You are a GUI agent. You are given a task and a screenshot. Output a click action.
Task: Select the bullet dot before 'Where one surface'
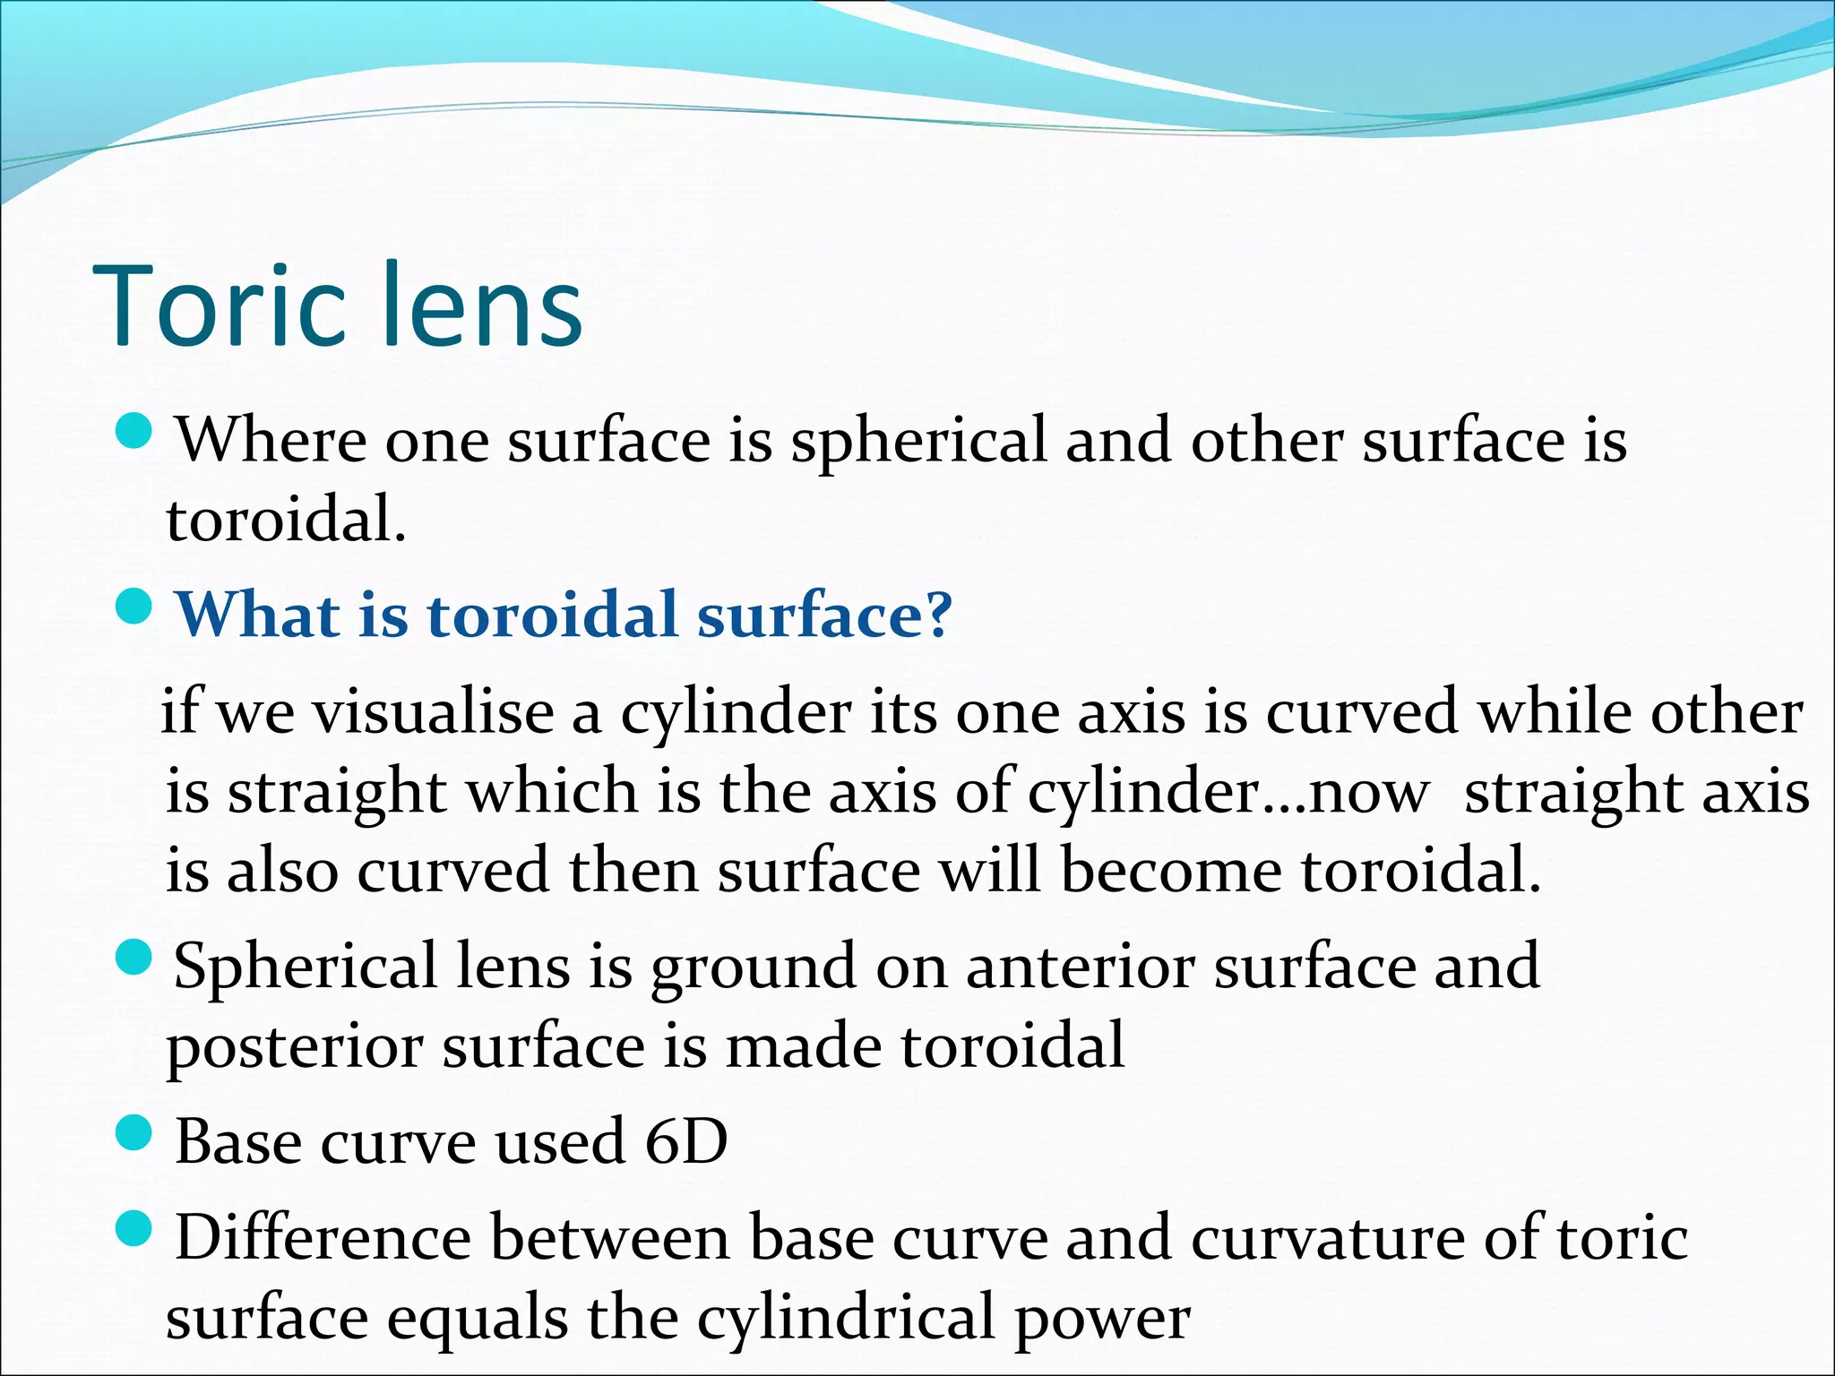point(135,432)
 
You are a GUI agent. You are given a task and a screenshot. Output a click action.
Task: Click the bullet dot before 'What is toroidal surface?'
point(135,607)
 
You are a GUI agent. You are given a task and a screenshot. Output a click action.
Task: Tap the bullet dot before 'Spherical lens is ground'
point(135,958)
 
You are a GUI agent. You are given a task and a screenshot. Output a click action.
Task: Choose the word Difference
point(323,1238)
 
